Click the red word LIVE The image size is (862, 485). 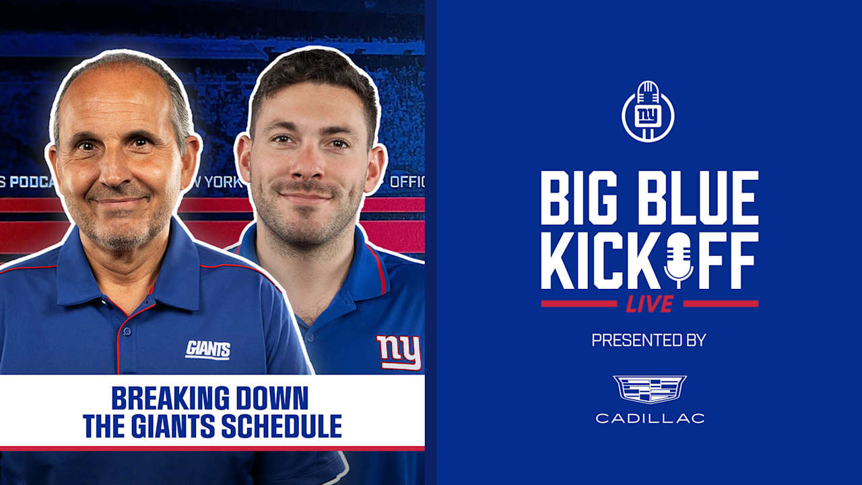pyautogui.click(x=649, y=304)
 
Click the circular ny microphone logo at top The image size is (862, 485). pyautogui.click(x=648, y=112)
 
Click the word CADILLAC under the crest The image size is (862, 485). pyautogui.click(x=650, y=418)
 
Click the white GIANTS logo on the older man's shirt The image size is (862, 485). pyautogui.click(x=207, y=350)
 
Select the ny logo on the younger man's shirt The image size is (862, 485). pyautogui.click(x=399, y=352)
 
